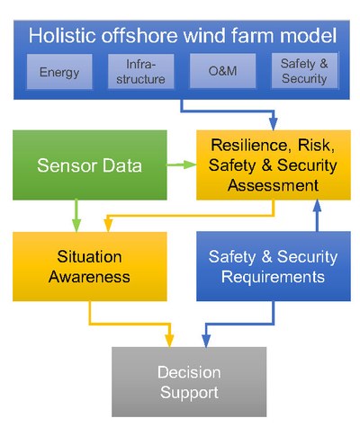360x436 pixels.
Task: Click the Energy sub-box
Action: pos(59,72)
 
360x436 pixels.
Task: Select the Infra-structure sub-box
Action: pos(140,71)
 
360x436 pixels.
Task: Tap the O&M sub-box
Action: pos(222,71)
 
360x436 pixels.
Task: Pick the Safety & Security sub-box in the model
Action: pos(304,71)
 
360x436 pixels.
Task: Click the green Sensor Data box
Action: pos(90,165)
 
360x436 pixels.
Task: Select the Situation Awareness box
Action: pos(90,266)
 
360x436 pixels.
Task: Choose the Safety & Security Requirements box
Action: pos(274,266)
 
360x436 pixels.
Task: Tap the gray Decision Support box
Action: pos(189,382)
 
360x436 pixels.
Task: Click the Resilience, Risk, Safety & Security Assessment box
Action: pos(274,165)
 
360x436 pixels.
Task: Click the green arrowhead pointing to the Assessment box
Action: pos(190,165)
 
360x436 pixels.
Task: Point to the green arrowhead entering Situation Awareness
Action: pos(76,226)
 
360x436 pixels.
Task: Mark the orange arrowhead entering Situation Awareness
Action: pos(108,226)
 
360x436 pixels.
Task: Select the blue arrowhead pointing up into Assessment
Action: pos(317,206)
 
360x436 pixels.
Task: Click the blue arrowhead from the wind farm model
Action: pos(273,124)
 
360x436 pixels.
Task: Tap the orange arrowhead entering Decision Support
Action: pos(169,341)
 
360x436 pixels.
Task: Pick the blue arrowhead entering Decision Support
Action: pos(206,341)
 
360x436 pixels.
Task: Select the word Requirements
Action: pos(273,277)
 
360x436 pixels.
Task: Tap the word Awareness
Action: pos(89,276)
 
